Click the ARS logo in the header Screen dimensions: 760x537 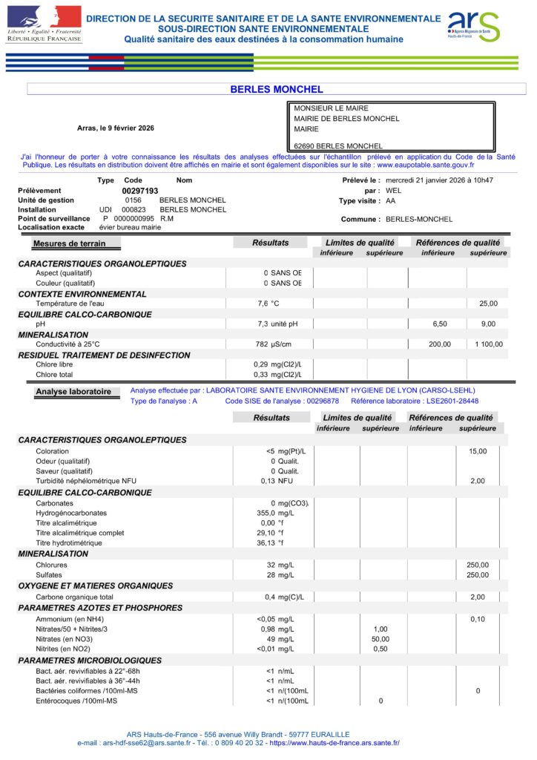[473, 27]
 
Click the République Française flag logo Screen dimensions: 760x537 [43, 22]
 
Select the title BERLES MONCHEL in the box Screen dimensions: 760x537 [277, 89]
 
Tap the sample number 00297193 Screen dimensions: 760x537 [140, 191]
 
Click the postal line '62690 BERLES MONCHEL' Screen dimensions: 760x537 [338, 146]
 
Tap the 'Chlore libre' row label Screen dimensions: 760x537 [54, 364]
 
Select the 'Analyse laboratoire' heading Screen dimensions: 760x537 [73, 391]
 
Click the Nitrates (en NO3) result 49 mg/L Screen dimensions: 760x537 [280, 639]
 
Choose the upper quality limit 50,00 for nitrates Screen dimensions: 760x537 [380, 639]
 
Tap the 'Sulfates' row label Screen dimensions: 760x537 [49, 574]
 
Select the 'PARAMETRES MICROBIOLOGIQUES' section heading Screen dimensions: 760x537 [90, 660]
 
